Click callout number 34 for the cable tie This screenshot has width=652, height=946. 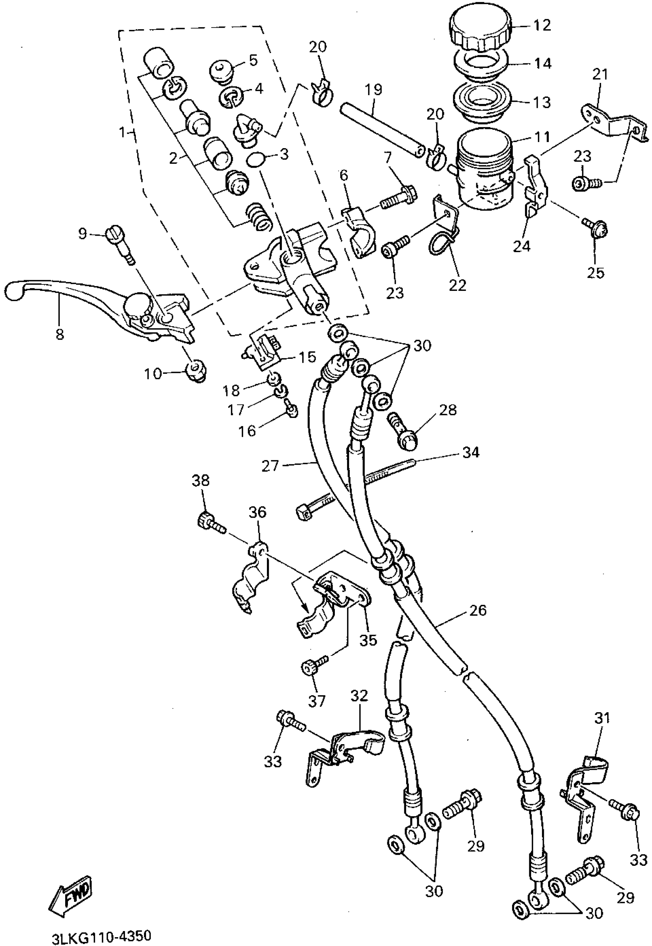(471, 452)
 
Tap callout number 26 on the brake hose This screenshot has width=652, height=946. (478, 610)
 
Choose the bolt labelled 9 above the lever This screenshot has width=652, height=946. (119, 243)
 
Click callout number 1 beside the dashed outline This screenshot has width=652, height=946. (122, 132)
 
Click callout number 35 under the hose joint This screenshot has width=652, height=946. (368, 640)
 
